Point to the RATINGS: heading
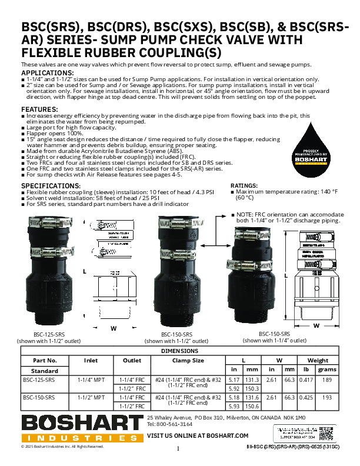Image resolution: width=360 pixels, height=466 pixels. (245, 185)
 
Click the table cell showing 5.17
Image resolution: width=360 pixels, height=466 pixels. (235, 380)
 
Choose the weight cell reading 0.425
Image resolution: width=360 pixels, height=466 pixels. (306, 398)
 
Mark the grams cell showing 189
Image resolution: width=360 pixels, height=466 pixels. (327, 380)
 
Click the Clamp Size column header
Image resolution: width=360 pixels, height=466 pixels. (188, 360)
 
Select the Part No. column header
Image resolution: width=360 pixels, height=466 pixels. (45, 360)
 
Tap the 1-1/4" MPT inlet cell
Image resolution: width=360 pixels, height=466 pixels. (91, 380)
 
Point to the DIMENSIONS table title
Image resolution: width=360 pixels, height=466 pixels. (179, 350)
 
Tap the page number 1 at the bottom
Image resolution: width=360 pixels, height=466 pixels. (178, 449)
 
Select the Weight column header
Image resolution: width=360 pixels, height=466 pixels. (317, 360)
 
